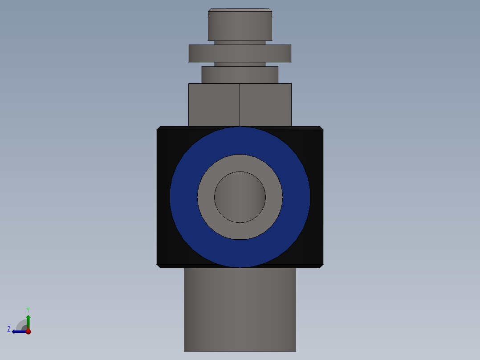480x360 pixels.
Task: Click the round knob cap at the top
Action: tap(240, 25)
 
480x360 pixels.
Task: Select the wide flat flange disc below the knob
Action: tap(240, 53)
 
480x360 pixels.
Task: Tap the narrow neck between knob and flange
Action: tap(240, 43)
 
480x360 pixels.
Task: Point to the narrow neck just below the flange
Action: tap(240, 64)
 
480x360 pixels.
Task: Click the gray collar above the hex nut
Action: tap(240, 75)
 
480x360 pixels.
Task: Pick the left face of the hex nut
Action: tap(214, 105)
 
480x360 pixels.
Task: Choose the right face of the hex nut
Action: tap(265, 105)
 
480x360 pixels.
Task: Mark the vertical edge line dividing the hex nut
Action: tap(240, 105)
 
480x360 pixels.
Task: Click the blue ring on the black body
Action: tap(184, 197)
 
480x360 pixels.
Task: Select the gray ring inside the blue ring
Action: tap(206, 197)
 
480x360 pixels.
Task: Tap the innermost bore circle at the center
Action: tap(240, 197)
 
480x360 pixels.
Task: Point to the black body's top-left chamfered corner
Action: tap(159, 128)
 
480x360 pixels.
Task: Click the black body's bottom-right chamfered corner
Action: tap(321, 266)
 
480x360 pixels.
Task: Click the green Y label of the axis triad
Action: tap(28, 309)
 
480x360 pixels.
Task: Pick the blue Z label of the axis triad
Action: tap(9, 329)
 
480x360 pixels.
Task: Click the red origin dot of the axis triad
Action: tap(28, 331)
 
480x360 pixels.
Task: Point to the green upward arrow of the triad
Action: tap(28, 321)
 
